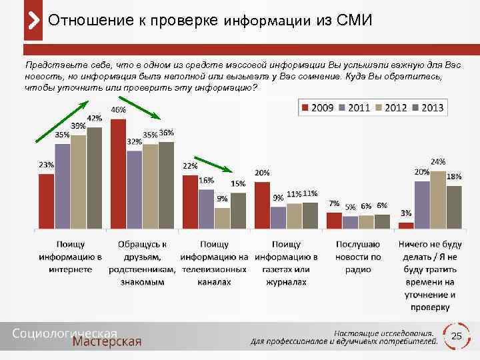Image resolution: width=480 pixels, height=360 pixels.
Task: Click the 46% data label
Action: (x=118, y=110)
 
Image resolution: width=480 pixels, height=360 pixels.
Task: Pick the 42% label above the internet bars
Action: (x=94, y=118)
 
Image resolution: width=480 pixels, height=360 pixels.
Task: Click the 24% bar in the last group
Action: (x=438, y=199)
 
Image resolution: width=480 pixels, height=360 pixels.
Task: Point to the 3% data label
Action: (x=405, y=213)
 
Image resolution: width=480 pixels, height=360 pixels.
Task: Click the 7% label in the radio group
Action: (x=334, y=203)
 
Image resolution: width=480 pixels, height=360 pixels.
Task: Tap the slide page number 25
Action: (x=457, y=337)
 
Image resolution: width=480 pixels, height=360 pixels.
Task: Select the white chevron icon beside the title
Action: (x=33, y=21)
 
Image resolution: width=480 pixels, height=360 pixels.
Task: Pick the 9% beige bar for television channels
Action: (x=222, y=218)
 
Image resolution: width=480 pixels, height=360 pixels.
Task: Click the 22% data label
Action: (x=190, y=166)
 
